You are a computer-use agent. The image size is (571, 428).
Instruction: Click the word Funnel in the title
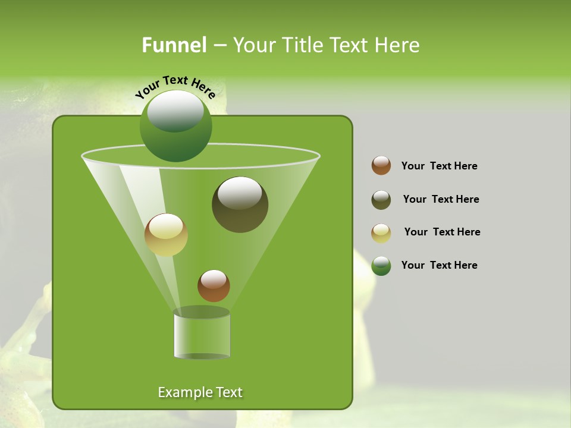pos(174,45)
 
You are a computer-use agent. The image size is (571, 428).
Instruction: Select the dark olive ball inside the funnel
pos(240,205)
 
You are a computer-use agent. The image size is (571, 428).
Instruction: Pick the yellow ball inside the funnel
pos(166,235)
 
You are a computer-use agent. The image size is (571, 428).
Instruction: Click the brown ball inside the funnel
pos(214,286)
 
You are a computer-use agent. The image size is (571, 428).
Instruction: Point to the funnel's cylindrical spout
pos(202,335)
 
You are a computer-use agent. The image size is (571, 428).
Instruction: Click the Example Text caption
pos(200,392)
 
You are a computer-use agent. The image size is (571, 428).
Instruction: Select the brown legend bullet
pos(381,166)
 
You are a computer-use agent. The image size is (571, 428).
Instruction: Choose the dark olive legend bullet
pos(381,200)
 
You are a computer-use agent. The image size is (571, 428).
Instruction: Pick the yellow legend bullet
pos(381,233)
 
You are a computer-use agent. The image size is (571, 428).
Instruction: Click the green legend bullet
pos(381,266)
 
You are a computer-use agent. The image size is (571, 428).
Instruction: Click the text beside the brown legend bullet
pos(439,166)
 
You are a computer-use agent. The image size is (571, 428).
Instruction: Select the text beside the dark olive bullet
pos(441,199)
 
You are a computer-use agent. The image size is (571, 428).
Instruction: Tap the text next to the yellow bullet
pos(442,232)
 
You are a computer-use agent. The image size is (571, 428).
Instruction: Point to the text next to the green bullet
pos(439,265)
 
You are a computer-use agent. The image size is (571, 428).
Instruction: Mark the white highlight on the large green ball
pos(175,111)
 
